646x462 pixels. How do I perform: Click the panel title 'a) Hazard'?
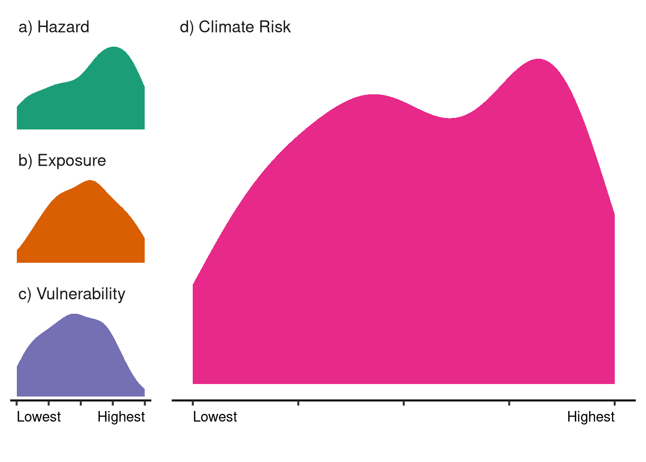coord(54,27)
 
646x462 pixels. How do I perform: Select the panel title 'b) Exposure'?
coord(62,160)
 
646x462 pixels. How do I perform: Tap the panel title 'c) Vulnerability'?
coord(72,294)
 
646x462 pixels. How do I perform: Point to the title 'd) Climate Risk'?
coord(235,27)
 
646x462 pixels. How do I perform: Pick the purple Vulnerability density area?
coord(72,361)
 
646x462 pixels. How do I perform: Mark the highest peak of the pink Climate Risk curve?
coord(538,60)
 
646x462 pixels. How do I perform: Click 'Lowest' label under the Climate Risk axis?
coord(215,417)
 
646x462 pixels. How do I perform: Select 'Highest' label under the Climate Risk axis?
coord(591,417)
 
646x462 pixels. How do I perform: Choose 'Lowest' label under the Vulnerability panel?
coord(39,417)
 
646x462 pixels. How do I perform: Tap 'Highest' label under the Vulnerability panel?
coord(121,417)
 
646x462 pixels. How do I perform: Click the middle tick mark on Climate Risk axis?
coord(404,402)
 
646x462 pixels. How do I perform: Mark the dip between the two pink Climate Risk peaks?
coord(450,118)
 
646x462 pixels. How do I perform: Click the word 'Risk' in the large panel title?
coord(274,27)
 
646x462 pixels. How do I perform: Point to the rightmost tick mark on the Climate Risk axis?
coord(615,402)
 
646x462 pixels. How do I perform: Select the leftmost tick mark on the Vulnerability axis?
coord(17,402)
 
